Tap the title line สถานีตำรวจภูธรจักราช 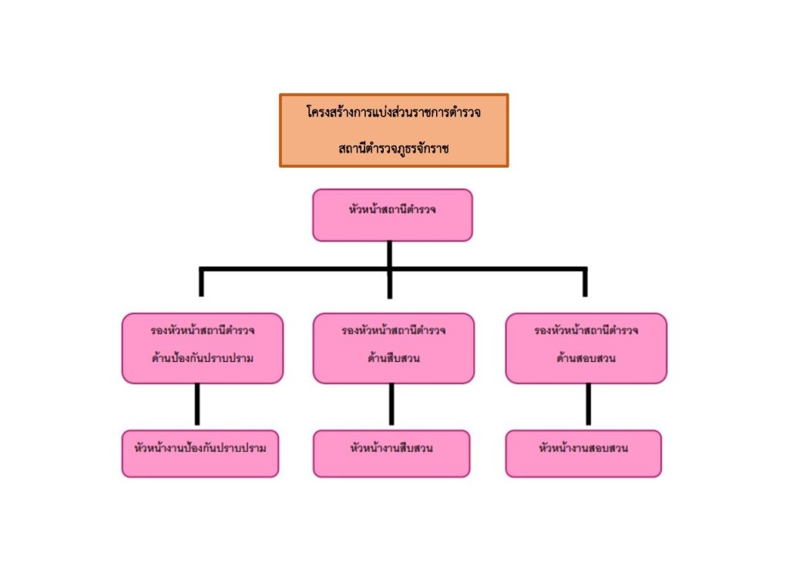pyautogui.click(x=393, y=147)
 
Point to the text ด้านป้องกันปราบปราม pyautogui.click(x=203, y=358)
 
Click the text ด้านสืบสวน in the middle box pyautogui.click(x=393, y=358)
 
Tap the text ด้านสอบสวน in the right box pyautogui.click(x=586, y=358)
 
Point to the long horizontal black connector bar pyautogui.click(x=293, y=269)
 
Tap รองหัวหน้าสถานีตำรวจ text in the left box pyautogui.click(x=203, y=330)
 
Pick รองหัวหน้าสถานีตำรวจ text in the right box pyautogui.click(x=586, y=330)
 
